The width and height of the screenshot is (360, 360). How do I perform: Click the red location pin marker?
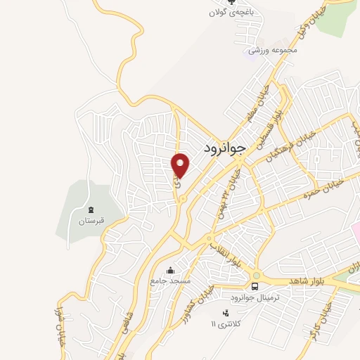pyautogui.click(x=181, y=165)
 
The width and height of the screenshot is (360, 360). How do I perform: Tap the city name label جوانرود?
pyautogui.click(x=226, y=147)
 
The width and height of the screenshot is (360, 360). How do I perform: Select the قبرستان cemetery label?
pyautogui.click(x=91, y=221)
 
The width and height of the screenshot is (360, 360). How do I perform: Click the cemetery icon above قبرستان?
pyautogui.click(x=91, y=210)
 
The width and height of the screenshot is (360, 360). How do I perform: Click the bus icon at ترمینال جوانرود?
pyautogui.click(x=255, y=286)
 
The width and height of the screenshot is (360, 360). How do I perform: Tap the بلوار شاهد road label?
pyautogui.click(x=306, y=281)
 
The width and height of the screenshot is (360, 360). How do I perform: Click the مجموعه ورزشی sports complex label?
pyautogui.click(x=274, y=51)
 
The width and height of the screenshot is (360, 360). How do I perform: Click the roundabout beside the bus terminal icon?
pyautogui.click(x=257, y=275)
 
